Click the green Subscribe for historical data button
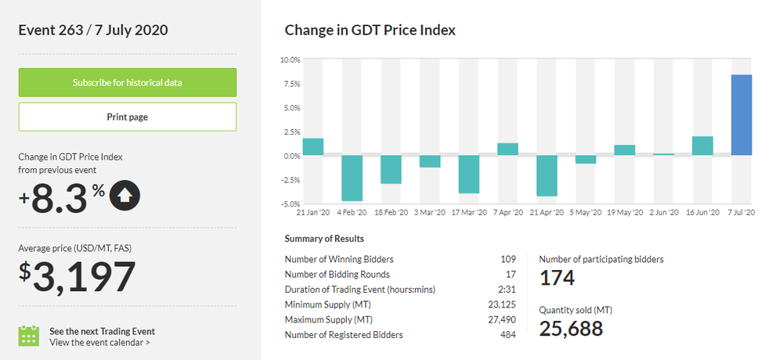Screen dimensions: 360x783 [x=128, y=82]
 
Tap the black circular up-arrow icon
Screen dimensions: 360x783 [x=125, y=196]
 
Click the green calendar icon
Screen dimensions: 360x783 [x=29, y=336]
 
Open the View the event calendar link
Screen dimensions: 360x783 [x=99, y=342]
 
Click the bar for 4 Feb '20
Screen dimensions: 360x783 [x=352, y=178]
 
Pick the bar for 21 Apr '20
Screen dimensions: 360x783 [x=547, y=175]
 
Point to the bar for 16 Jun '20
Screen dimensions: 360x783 [x=702, y=146]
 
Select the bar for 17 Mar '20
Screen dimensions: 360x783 [x=468, y=174]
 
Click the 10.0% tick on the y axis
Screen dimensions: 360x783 [x=290, y=59]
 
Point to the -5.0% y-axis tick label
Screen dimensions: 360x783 [x=290, y=203]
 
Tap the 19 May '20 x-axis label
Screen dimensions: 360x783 [x=624, y=212]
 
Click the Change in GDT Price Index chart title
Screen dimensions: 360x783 [x=370, y=31]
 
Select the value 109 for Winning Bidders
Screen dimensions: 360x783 [x=508, y=259]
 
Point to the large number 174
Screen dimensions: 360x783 [x=557, y=278]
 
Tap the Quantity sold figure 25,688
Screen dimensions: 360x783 [x=571, y=329]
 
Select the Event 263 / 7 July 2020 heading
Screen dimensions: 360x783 [x=93, y=31]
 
